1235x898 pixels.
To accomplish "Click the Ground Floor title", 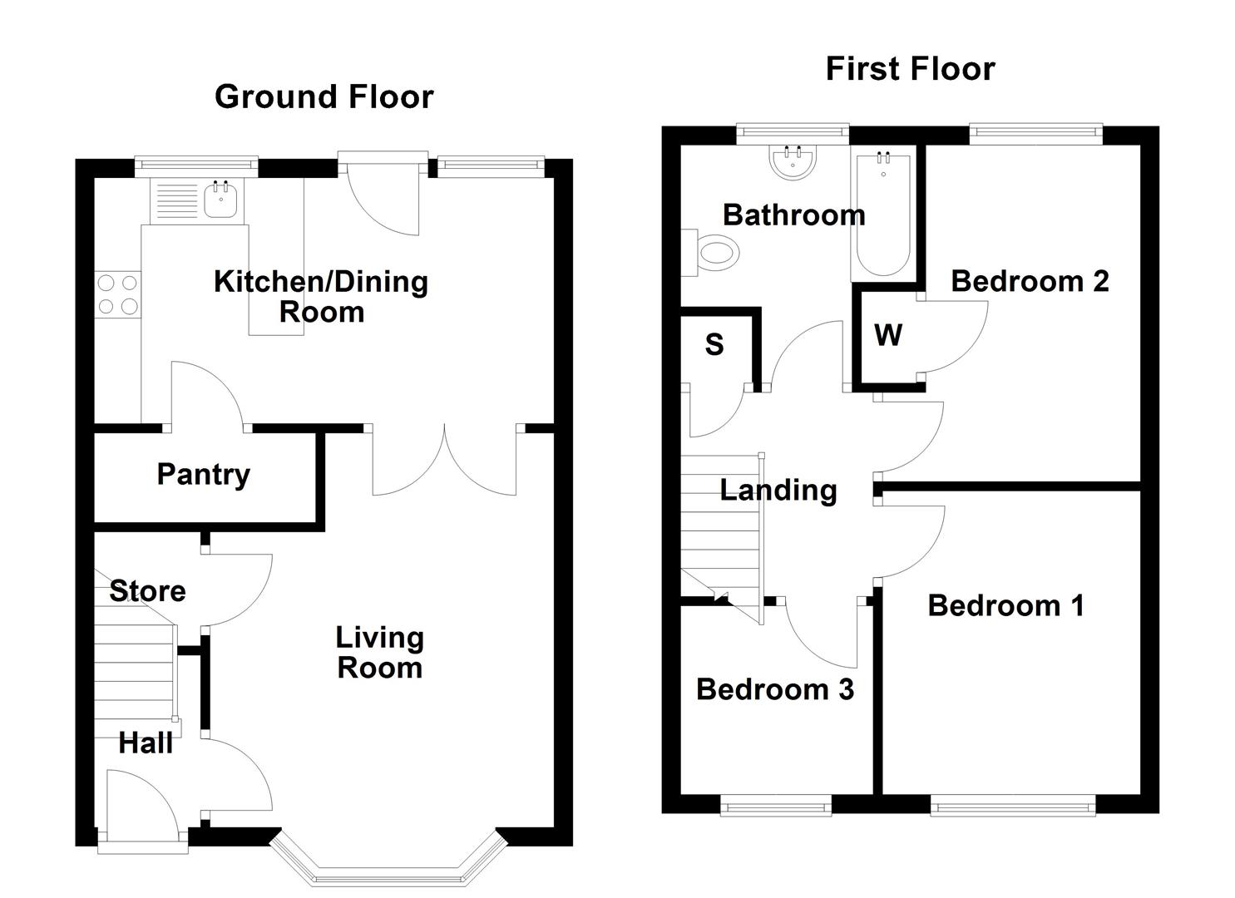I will click(324, 97).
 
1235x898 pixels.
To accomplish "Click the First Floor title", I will click(910, 69).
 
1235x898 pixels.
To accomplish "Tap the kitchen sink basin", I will click(220, 200).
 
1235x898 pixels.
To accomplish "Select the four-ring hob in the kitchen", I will click(117, 294).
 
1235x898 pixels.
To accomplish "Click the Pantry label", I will click(203, 475).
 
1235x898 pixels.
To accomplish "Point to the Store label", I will click(147, 591).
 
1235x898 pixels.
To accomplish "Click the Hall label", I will click(146, 743).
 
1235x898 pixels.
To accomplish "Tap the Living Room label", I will click(379, 653).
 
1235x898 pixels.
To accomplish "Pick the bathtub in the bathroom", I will click(882, 214).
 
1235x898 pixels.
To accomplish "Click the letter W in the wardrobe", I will click(888, 336).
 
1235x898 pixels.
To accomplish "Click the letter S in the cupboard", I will click(714, 344).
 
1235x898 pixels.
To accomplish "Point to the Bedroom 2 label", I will click(1030, 281).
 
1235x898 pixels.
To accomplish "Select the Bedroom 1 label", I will click(1005, 605).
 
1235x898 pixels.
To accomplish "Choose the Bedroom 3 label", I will click(774, 689).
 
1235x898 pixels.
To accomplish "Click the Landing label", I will click(778, 491).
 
